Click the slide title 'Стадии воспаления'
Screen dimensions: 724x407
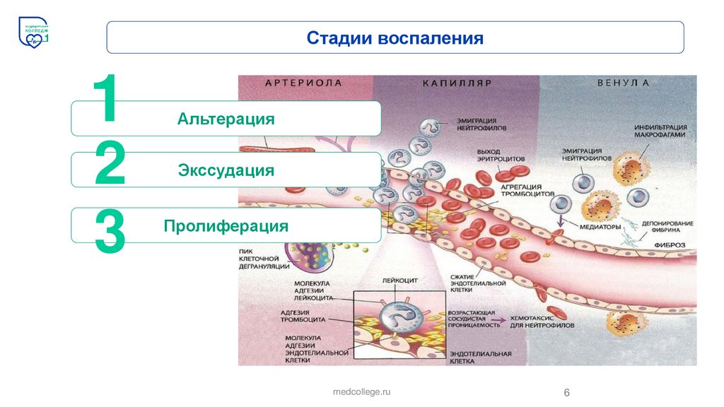pyautogui.click(x=395, y=37)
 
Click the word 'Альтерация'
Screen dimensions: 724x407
pyautogui.click(x=226, y=119)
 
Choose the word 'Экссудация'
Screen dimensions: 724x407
pyautogui.click(x=226, y=171)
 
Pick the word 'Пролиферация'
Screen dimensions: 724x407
pyautogui.click(x=226, y=226)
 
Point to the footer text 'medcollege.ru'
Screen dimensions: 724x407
pyautogui.click(x=361, y=391)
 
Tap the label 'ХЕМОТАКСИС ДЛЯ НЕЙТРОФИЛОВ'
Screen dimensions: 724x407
pyautogui.click(x=540, y=322)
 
